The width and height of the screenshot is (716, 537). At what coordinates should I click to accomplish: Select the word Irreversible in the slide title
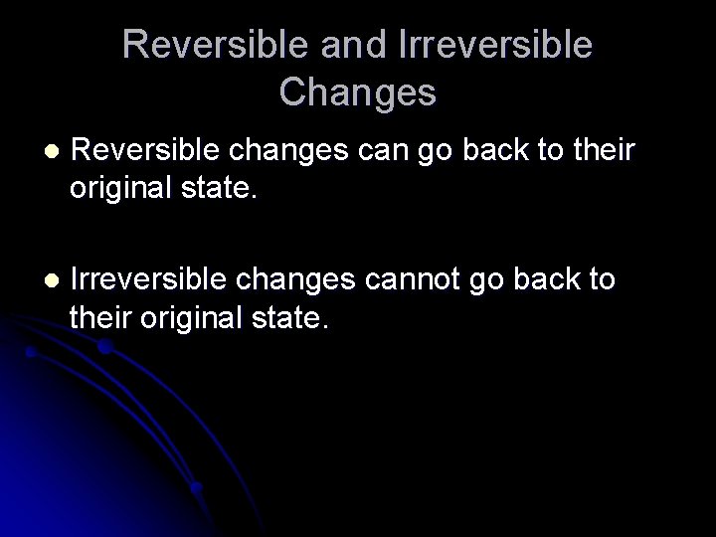pyautogui.click(x=494, y=45)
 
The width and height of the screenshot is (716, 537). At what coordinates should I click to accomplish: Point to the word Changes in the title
pyautogui.click(x=357, y=91)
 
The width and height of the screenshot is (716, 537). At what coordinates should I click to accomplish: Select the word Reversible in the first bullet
pyautogui.click(x=148, y=151)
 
